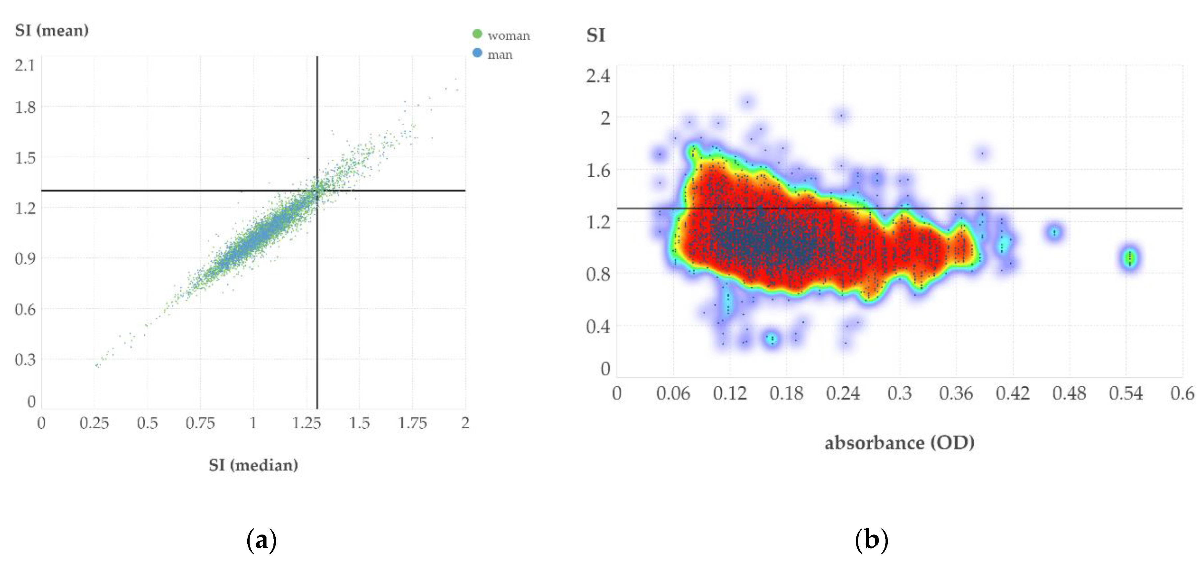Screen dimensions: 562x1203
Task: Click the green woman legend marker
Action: click(477, 34)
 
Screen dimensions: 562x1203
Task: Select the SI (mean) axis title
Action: click(52, 31)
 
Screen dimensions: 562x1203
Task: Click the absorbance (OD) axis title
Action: click(899, 443)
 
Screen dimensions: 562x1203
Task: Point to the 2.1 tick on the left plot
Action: click(25, 65)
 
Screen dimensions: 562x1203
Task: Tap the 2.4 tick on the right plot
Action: click(598, 76)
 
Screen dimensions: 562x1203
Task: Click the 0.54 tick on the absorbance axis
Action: click(1126, 393)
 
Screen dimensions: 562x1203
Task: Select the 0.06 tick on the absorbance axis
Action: click(673, 393)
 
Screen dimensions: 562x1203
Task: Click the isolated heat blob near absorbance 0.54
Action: click(1129, 258)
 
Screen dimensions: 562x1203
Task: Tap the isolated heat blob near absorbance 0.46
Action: click(1054, 232)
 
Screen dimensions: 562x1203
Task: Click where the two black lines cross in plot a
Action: click(317, 191)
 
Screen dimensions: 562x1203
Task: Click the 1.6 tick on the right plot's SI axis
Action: click(598, 171)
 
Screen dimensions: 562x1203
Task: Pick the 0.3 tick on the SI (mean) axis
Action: click(25, 360)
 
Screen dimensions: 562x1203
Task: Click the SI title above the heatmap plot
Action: click(596, 35)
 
